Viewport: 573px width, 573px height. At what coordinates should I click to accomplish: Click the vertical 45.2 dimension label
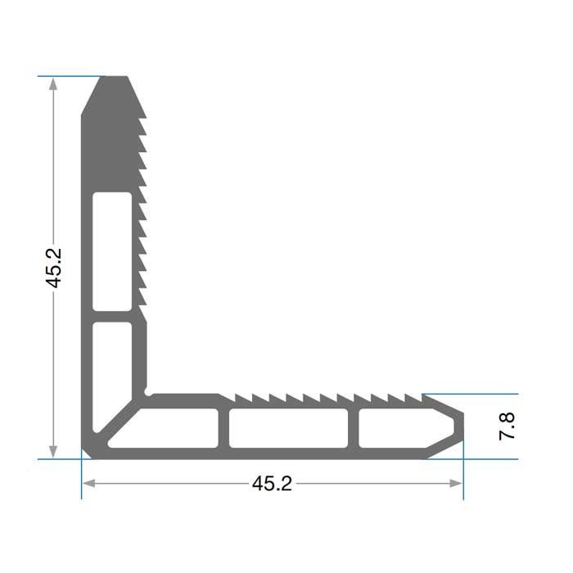pos(53,268)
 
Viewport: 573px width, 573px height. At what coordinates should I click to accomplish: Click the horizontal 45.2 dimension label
pos(272,484)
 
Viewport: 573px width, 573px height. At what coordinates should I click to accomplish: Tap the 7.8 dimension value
pos(507,426)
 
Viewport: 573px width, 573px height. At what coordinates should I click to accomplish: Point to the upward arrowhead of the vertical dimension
pos(53,84)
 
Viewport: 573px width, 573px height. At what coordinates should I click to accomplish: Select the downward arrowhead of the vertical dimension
pos(53,452)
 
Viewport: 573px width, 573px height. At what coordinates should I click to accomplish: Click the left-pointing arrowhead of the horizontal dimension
pos(89,484)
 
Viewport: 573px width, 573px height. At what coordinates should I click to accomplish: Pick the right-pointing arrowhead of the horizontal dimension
pos(456,484)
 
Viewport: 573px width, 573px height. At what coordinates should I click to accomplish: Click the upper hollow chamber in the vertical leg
pos(112,251)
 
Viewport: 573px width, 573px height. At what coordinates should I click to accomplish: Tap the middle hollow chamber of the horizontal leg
pos(288,428)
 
